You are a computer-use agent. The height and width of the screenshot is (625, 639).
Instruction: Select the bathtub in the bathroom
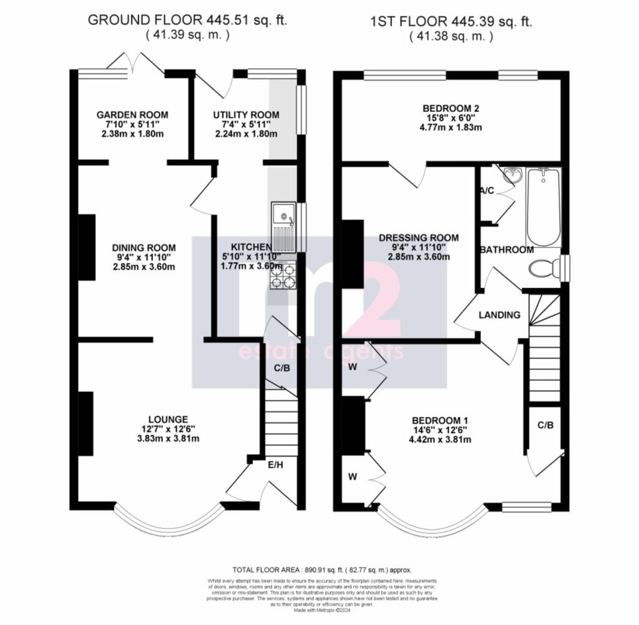coord(544,207)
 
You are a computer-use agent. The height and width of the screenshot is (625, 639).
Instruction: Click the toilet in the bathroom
coord(542,269)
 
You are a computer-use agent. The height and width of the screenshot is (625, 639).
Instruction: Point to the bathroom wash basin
coord(511,175)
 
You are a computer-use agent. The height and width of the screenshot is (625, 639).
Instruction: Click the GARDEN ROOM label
coord(132,115)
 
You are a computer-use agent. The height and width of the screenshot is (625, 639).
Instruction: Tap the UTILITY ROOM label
coord(246,115)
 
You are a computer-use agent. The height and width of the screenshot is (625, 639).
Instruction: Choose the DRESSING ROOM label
coord(419,238)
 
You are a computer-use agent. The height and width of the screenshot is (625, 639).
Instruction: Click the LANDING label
coord(499,315)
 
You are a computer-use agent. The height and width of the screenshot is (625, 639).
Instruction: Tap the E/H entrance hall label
coord(275,464)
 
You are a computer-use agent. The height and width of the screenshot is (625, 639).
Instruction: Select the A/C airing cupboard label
coord(487,191)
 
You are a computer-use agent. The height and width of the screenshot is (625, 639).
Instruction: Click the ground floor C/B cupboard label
coord(282,368)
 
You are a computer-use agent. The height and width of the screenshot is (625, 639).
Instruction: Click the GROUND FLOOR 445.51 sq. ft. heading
coord(187,20)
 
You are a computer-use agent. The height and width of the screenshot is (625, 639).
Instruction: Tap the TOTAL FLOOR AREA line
coord(322,569)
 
